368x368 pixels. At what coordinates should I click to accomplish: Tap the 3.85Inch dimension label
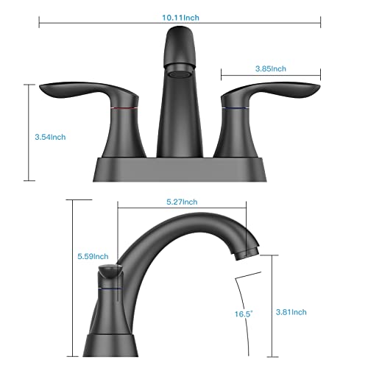269,68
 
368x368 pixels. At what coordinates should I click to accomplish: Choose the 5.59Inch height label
94,256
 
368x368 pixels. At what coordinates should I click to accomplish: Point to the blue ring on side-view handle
108,290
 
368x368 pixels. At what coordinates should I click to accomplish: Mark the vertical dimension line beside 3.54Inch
29,132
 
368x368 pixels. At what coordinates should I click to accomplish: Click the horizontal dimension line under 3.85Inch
271,75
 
